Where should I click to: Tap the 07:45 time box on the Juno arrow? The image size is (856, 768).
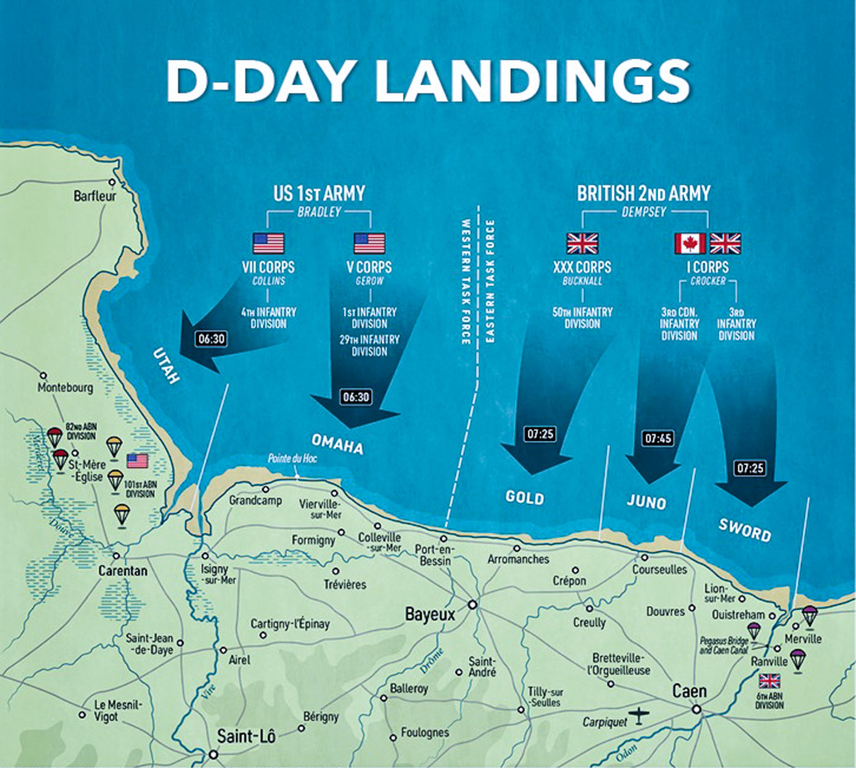(x=657, y=439)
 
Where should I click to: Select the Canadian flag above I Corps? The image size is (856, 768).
(x=690, y=244)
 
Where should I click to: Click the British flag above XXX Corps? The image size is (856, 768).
(x=582, y=244)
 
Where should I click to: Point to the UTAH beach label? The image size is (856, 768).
(x=166, y=366)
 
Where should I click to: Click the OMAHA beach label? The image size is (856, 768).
(x=337, y=445)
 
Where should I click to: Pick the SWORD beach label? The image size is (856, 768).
(x=744, y=529)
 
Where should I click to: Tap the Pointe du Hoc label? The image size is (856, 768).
(x=292, y=458)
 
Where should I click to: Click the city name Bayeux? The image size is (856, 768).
(x=430, y=614)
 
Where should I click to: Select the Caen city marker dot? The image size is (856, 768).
(x=697, y=710)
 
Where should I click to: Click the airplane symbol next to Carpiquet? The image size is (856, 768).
(x=641, y=715)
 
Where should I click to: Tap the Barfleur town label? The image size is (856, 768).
(x=94, y=196)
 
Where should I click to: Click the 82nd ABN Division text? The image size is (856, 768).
(x=81, y=431)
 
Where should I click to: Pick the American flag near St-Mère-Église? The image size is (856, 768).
(x=138, y=461)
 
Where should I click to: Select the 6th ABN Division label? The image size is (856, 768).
(x=769, y=701)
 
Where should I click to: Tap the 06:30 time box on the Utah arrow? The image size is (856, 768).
(x=211, y=339)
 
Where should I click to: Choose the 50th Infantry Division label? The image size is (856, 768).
(x=582, y=318)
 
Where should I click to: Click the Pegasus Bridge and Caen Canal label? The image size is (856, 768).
(x=724, y=645)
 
